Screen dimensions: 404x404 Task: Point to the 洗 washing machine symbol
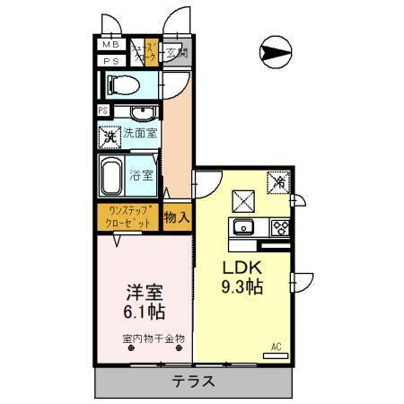(110, 138)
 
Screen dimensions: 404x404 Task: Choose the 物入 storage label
(177, 216)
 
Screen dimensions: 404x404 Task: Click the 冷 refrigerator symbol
(279, 181)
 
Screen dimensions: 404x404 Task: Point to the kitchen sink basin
(243, 226)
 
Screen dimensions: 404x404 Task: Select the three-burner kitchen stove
(279, 226)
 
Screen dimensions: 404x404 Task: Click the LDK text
(242, 268)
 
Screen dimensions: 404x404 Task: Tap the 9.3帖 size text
(242, 289)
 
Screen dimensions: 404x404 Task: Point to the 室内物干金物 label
(154, 338)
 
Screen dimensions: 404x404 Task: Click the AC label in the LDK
(276, 345)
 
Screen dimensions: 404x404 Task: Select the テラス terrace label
(194, 381)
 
